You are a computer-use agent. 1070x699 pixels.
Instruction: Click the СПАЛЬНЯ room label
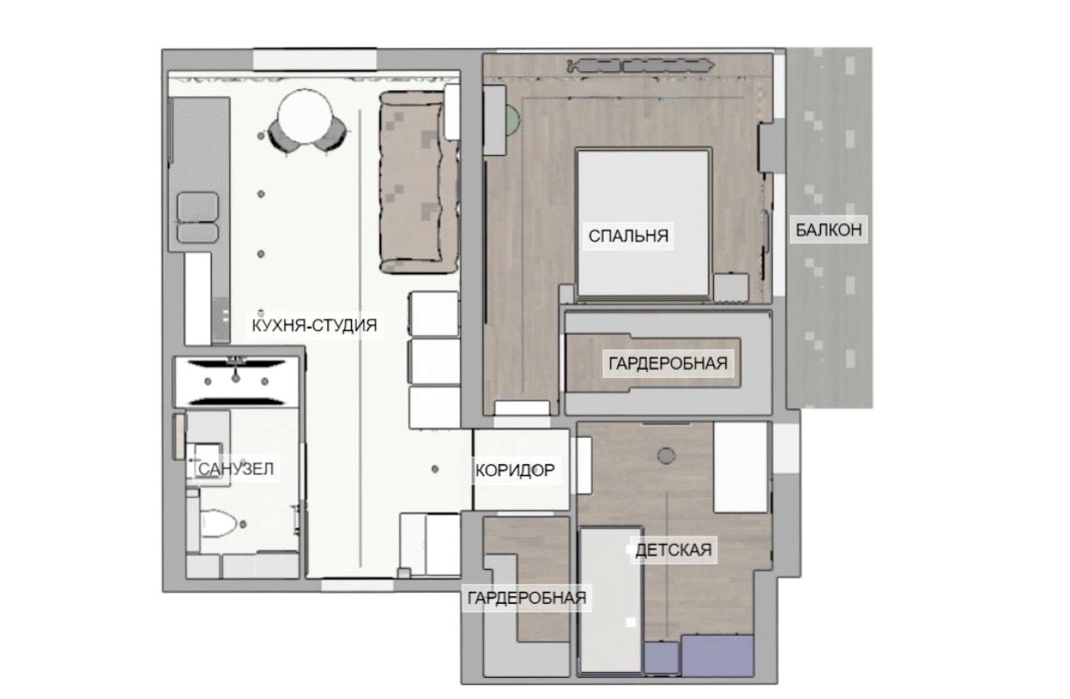[628, 236]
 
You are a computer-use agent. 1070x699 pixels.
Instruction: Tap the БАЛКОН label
[828, 230]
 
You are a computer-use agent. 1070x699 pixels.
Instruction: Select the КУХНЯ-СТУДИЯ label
[315, 325]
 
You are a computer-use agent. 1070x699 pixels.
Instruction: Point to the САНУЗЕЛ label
[236, 470]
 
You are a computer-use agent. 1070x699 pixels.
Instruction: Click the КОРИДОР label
[515, 470]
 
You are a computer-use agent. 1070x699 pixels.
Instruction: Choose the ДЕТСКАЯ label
[674, 551]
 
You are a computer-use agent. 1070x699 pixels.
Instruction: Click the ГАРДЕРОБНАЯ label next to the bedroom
[668, 363]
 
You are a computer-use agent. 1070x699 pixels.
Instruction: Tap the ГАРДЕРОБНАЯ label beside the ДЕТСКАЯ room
[527, 598]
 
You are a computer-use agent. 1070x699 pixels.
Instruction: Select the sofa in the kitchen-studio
[419, 182]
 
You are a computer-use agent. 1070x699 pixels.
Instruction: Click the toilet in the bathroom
[217, 524]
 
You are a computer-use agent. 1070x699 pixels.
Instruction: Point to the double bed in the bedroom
[643, 224]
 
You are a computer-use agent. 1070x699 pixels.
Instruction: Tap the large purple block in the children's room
[717, 655]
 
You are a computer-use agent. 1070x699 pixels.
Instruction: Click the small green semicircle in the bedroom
[512, 119]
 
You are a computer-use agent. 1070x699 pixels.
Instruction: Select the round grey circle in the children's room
[666, 456]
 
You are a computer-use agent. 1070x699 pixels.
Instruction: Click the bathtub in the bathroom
[237, 382]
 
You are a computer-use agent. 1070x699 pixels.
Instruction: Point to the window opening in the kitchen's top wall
[315, 60]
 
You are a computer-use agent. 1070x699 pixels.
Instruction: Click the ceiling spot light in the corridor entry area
[434, 470]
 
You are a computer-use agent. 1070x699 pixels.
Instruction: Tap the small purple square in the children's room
[661, 658]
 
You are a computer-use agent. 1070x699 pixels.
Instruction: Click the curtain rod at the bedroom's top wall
[640, 66]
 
